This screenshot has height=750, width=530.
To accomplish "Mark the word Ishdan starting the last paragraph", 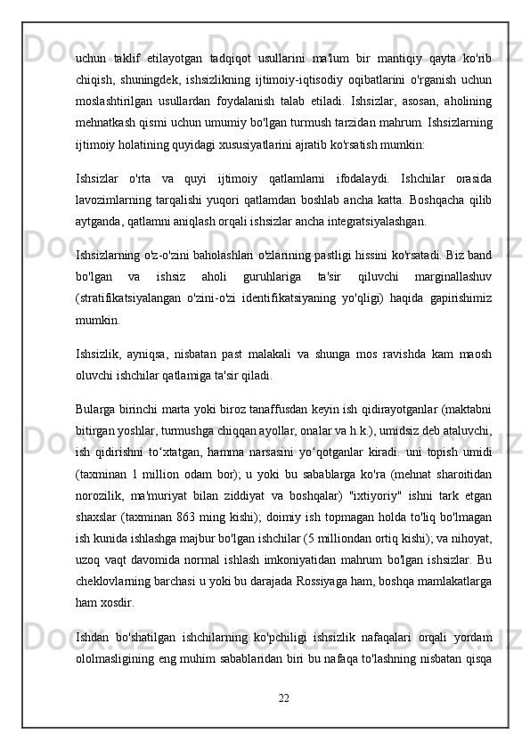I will tap(95, 637).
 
